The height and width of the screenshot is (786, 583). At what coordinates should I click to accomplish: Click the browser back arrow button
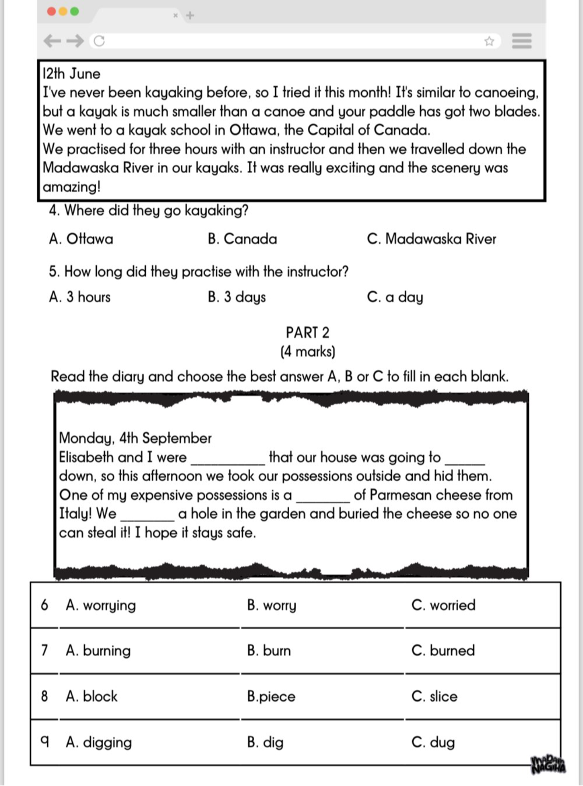tap(52, 41)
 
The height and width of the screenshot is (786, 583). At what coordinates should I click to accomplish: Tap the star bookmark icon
tap(489, 41)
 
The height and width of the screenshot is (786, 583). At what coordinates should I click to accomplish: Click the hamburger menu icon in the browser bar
tap(521, 41)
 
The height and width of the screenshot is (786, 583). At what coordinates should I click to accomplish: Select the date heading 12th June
tap(71, 74)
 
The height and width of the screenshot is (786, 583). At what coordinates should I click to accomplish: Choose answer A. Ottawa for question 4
tap(81, 239)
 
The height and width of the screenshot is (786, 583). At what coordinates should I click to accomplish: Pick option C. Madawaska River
tap(431, 239)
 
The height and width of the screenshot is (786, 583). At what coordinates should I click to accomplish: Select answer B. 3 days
tap(237, 297)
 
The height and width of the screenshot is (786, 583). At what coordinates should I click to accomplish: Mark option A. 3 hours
tap(80, 297)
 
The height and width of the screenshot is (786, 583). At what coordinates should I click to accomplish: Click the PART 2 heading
tap(307, 333)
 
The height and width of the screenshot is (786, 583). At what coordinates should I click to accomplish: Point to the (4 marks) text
tap(307, 352)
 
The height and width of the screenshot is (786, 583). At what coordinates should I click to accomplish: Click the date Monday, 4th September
tap(135, 438)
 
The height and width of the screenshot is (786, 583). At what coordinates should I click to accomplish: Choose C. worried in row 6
tap(443, 605)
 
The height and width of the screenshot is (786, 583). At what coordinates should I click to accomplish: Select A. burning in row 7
tap(99, 651)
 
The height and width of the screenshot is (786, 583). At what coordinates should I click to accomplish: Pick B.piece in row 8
tap(271, 697)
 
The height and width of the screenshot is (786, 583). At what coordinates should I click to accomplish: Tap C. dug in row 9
tap(433, 742)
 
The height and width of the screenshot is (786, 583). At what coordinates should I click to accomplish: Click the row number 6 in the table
tap(44, 605)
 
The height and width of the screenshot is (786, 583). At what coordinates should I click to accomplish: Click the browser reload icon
tap(99, 41)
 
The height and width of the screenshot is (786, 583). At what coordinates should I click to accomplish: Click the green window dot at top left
tap(74, 11)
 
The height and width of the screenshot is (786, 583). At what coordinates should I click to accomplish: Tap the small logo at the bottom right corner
tap(548, 764)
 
